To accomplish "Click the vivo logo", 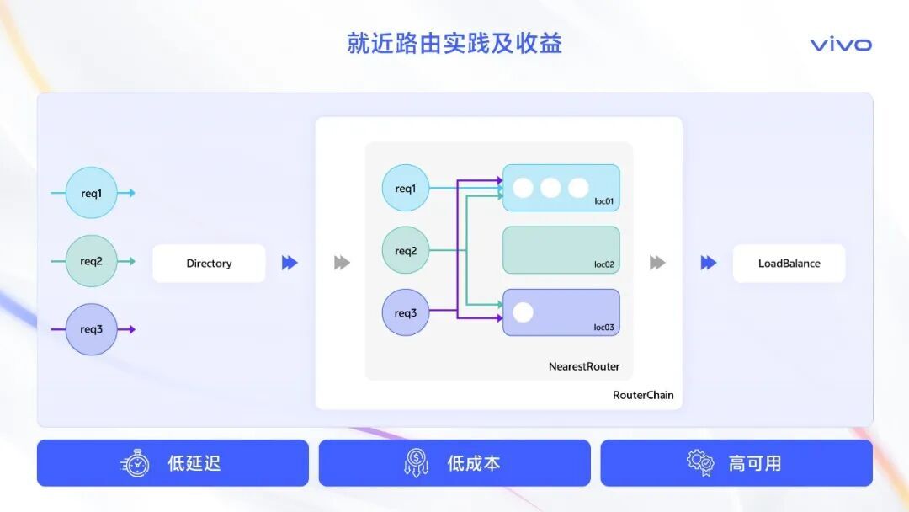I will (841, 45).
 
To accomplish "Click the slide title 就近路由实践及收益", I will (454, 43).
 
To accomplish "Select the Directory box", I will (209, 264).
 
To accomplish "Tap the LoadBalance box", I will (789, 264).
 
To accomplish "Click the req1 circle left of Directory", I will (92, 193).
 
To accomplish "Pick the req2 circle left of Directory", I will (92, 261).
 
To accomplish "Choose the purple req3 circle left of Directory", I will (92, 329).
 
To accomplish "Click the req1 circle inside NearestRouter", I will (406, 189).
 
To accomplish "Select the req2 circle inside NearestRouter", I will (406, 251).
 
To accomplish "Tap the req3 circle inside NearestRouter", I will (406, 313).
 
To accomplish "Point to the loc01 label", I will (603, 202).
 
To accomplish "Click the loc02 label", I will (603, 264).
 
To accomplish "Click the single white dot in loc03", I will (523, 312).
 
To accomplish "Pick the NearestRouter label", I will (584, 366).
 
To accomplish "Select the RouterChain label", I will (643, 395).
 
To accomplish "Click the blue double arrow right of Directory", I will (290, 263).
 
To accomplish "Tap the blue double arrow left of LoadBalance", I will (709, 263).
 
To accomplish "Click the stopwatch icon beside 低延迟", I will (136, 463).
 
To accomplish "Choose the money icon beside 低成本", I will (416, 463).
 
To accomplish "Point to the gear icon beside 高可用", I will (699, 462).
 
